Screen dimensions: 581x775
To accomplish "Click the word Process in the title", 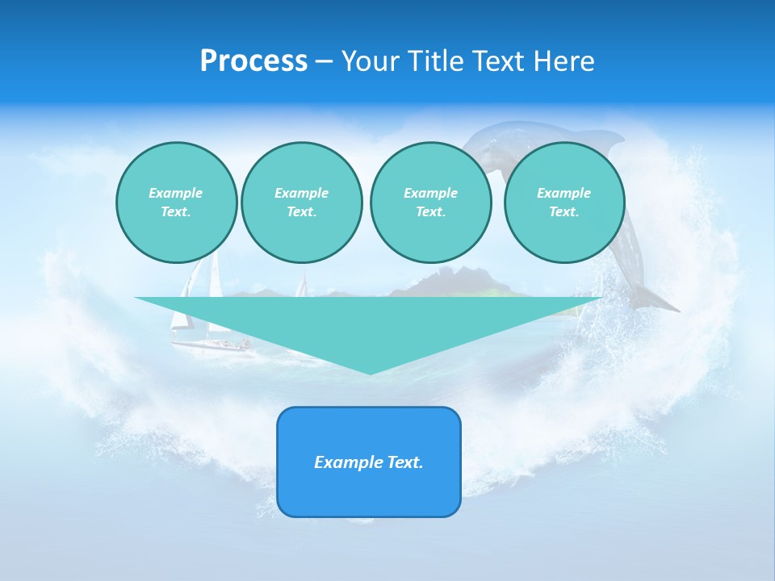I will click(253, 61).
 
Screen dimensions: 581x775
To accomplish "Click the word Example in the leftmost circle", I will click(175, 193).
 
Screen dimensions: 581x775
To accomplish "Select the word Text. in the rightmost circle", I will click(563, 212).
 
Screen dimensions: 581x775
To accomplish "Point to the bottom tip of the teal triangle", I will click(370, 372).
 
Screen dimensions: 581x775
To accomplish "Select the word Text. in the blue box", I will click(405, 462).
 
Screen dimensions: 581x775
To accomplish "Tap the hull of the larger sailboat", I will click(210, 345).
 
